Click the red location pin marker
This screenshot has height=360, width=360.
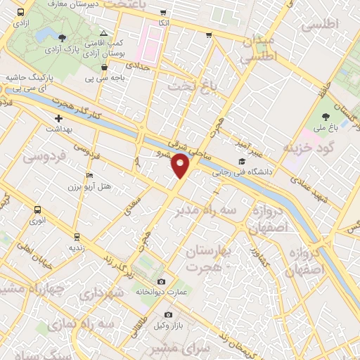(181, 166)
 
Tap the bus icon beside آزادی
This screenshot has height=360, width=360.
(20, 13)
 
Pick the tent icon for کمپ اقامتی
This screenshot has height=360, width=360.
(104, 33)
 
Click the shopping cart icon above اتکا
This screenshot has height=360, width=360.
(164, 13)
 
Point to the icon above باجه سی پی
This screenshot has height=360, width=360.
(104, 67)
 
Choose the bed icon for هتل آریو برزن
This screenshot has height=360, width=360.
(89, 175)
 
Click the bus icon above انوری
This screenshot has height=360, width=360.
(37, 209)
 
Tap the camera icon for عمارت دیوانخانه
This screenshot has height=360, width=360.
(162, 281)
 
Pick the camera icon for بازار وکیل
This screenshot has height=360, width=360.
(167, 314)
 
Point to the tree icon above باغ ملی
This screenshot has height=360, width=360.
(324, 117)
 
